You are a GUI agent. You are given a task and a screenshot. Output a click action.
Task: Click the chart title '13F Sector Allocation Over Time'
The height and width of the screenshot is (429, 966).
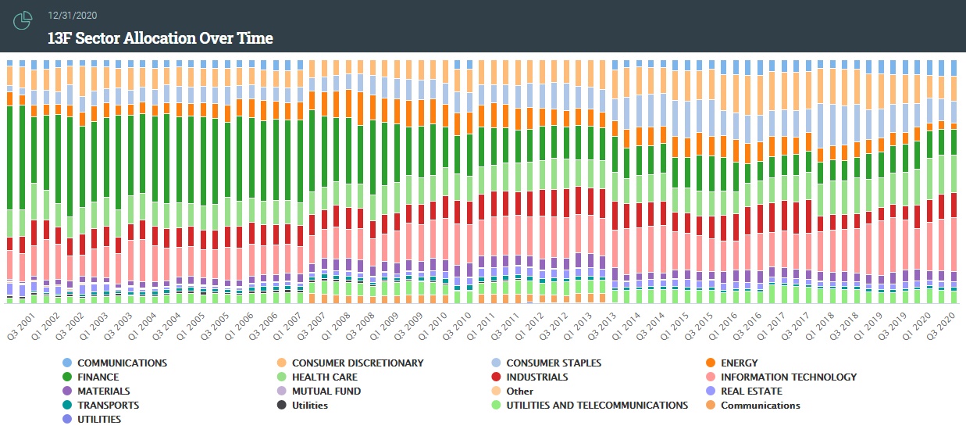pos(160,38)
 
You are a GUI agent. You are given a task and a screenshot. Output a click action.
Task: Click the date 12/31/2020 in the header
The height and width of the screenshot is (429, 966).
pos(73,16)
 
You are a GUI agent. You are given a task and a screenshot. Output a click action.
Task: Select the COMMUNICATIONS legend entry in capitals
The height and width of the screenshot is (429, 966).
pos(122,363)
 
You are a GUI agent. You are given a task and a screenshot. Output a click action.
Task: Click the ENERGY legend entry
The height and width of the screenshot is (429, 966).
pos(739,363)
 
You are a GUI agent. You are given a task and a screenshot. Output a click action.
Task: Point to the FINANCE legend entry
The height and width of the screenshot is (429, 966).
pos(99,377)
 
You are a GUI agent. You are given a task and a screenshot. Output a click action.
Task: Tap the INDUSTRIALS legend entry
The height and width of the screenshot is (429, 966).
pos(536,377)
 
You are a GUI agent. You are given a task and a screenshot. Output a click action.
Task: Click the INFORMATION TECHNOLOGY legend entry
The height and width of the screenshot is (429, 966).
pos(788,377)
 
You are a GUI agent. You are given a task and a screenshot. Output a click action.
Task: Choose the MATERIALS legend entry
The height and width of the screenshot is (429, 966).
pos(103,391)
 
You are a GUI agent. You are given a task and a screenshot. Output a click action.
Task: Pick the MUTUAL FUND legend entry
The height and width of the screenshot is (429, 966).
pos(326,391)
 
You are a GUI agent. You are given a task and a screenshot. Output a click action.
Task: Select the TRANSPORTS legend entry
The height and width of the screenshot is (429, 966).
pos(108,406)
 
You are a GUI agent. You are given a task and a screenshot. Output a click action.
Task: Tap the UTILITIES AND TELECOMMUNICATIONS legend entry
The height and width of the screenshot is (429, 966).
pos(597,406)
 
